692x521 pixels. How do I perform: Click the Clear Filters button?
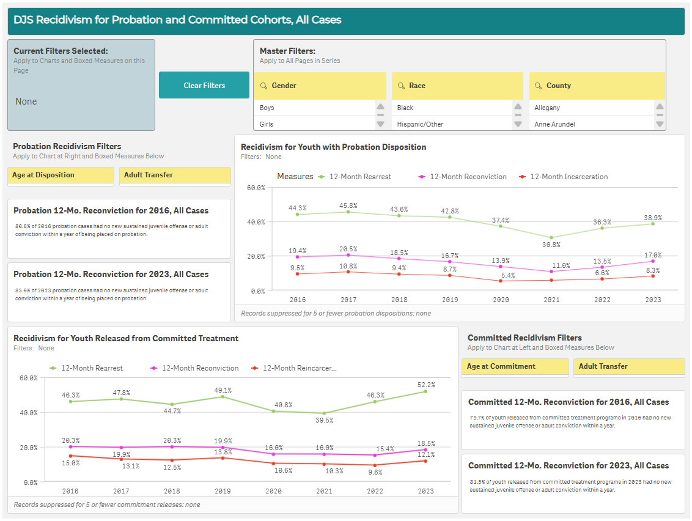[204, 85]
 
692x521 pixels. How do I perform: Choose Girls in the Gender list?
[267, 124]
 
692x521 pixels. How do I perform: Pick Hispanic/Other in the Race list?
[420, 124]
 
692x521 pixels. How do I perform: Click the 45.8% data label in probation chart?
[348, 205]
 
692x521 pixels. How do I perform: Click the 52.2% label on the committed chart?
[425, 385]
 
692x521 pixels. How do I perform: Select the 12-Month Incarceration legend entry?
[568, 177]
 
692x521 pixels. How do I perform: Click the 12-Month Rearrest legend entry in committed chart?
[91, 368]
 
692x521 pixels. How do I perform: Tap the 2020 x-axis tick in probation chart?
[500, 300]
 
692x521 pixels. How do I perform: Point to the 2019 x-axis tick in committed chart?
[222, 491]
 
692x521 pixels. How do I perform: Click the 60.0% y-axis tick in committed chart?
[28, 378]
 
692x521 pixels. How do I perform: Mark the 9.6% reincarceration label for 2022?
[375, 472]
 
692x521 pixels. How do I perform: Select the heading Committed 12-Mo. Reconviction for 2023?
[569, 465]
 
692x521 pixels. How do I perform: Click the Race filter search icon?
[401, 86]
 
